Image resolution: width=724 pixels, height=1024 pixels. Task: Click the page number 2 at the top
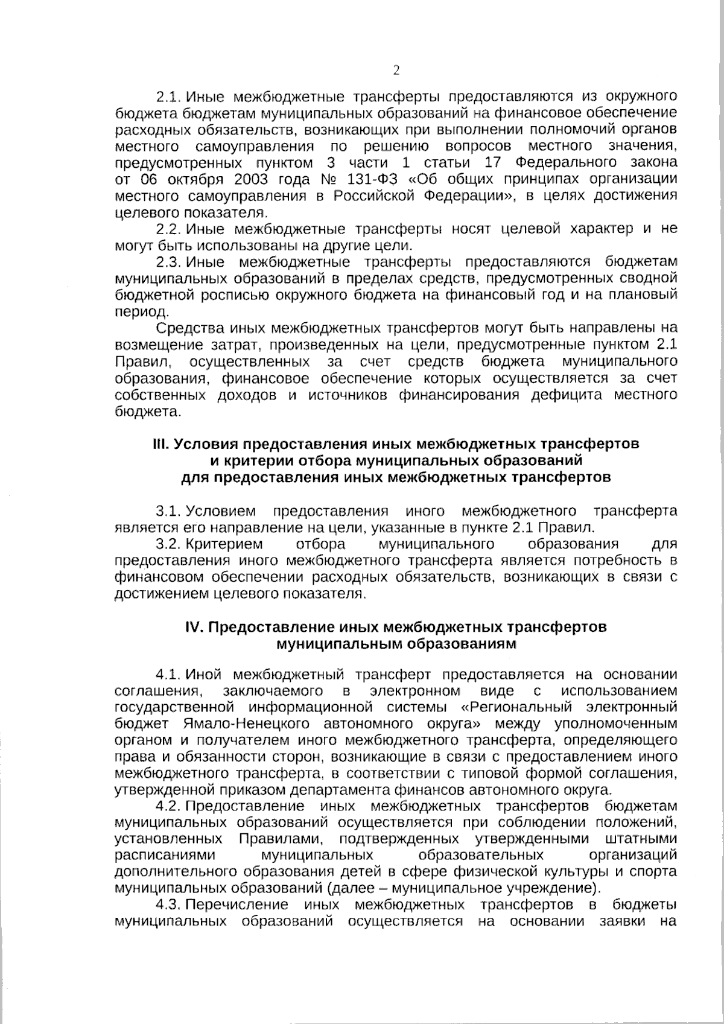click(396, 71)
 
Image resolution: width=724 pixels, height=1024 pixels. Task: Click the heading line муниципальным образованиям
click(396, 643)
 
